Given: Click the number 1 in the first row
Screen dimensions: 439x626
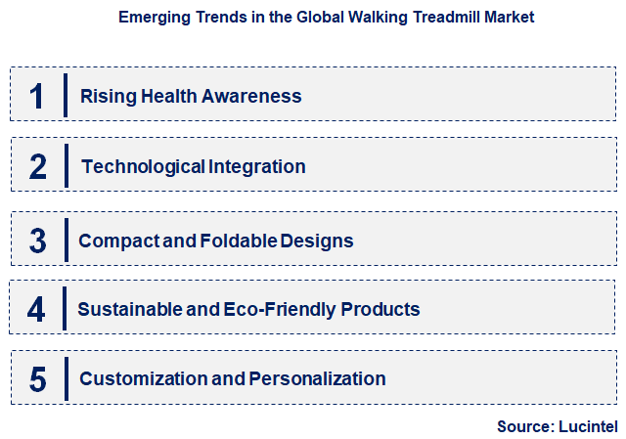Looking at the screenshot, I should tap(37, 96).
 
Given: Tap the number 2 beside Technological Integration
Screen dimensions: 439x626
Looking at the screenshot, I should tap(38, 166).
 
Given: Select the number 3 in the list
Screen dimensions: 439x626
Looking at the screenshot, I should tap(37, 241).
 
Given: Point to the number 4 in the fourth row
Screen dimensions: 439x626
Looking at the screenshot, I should tap(36, 310).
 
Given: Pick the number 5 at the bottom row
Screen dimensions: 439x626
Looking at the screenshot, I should tap(37, 379).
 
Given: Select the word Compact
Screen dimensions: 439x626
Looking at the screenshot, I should tap(112, 241).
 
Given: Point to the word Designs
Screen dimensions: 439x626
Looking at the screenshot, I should tap(318, 241).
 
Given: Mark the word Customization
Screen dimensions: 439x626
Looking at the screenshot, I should tap(139, 378).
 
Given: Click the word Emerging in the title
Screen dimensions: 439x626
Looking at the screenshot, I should tap(152, 18).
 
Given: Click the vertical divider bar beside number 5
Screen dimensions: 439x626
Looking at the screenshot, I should tap(66, 379).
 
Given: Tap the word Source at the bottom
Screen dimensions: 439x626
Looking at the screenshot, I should tap(525, 426).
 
